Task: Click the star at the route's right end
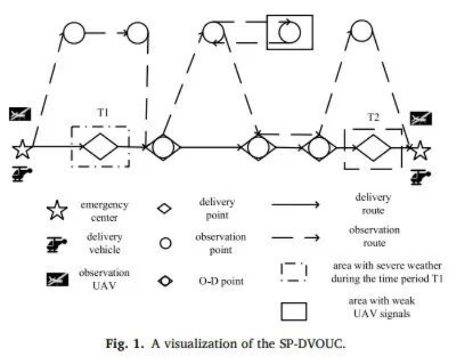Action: point(421,151)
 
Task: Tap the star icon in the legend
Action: point(56,211)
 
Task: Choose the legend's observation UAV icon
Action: point(56,278)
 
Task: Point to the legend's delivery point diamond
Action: point(165,209)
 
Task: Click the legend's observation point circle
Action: point(165,243)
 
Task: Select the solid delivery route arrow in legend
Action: point(295,205)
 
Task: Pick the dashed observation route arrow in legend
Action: point(295,238)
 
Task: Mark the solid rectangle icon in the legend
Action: point(295,312)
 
